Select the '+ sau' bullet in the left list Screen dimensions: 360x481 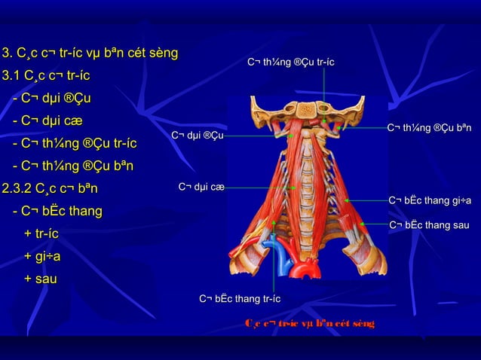pyautogui.click(x=41, y=279)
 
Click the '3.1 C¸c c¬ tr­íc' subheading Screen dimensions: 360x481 pyautogui.click(x=46, y=76)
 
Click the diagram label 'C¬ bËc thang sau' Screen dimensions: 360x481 pyautogui.click(x=429, y=225)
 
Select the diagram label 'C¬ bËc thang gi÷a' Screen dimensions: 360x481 pyautogui.click(x=430, y=200)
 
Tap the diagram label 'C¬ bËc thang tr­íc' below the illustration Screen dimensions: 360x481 pyautogui.click(x=240, y=300)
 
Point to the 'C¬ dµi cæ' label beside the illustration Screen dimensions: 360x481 pyautogui.click(x=201, y=186)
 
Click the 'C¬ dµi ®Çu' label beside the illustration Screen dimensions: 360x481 pyautogui.click(x=197, y=136)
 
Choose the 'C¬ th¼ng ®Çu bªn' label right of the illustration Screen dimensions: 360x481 pyautogui.click(x=429, y=128)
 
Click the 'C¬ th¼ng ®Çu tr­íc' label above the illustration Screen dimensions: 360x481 pyautogui.click(x=291, y=61)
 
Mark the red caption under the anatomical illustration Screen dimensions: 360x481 pyautogui.click(x=309, y=324)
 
